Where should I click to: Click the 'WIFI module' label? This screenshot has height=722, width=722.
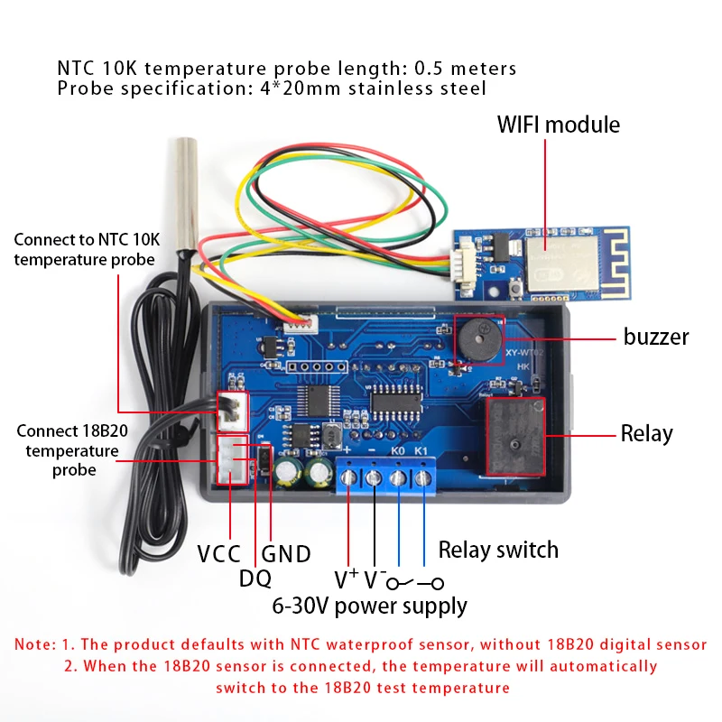pyautogui.click(x=558, y=125)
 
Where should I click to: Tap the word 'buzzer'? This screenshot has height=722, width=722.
pyautogui.click(x=656, y=337)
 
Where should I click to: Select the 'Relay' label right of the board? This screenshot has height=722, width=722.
pyautogui.click(x=646, y=433)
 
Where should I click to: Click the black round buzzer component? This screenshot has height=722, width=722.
pyautogui.click(x=479, y=340)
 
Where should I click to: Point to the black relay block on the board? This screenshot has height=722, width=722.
pyautogui.click(x=515, y=437)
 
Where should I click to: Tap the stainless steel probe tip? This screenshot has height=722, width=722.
pyautogui.click(x=186, y=193)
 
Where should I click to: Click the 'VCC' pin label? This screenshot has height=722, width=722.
pyautogui.click(x=218, y=553)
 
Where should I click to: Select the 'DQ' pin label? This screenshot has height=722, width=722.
pyautogui.click(x=255, y=579)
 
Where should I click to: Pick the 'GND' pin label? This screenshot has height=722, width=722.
pyautogui.click(x=286, y=553)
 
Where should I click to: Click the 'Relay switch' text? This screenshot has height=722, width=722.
pyautogui.click(x=498, y=550)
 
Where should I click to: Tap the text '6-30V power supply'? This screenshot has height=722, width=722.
pyautogui.click(x=369, y=606)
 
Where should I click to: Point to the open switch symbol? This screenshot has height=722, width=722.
pyautogui.click(x=415, y=583)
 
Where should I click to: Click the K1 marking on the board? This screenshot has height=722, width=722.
pyautogui.click(x=421, y=450)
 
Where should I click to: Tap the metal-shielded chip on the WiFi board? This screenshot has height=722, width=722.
pyautogui.click(x=562, y=264)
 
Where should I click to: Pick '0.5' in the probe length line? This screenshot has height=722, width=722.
pyautogui.click(x=428, y=69)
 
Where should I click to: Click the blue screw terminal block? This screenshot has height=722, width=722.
pyautogui.click(x=386, y=476)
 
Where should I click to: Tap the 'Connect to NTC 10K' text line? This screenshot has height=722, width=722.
pyautogui.click(x=87, y=239)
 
